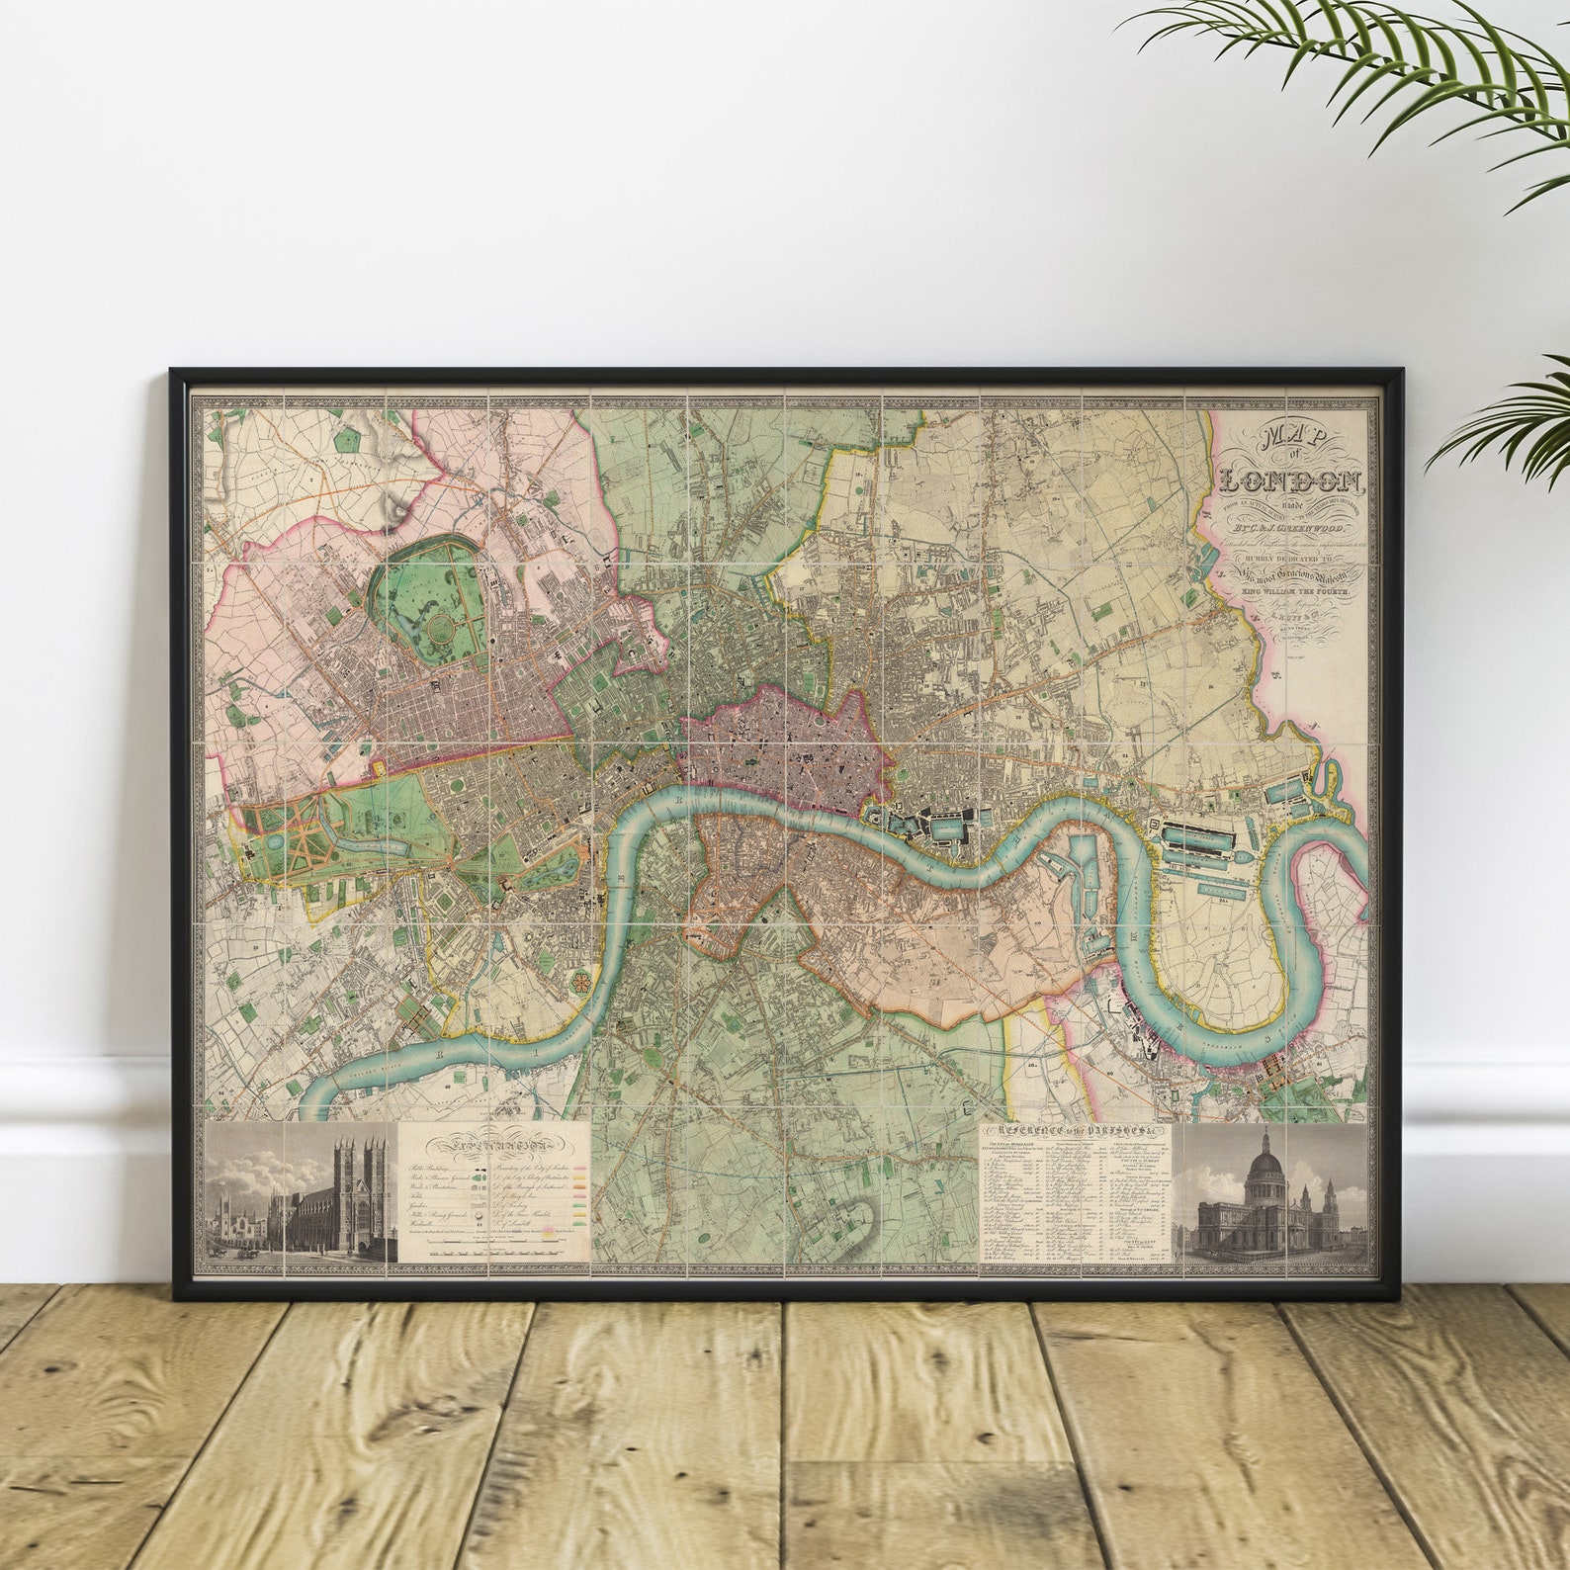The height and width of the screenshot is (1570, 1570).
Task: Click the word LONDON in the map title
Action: [1291, 481]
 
